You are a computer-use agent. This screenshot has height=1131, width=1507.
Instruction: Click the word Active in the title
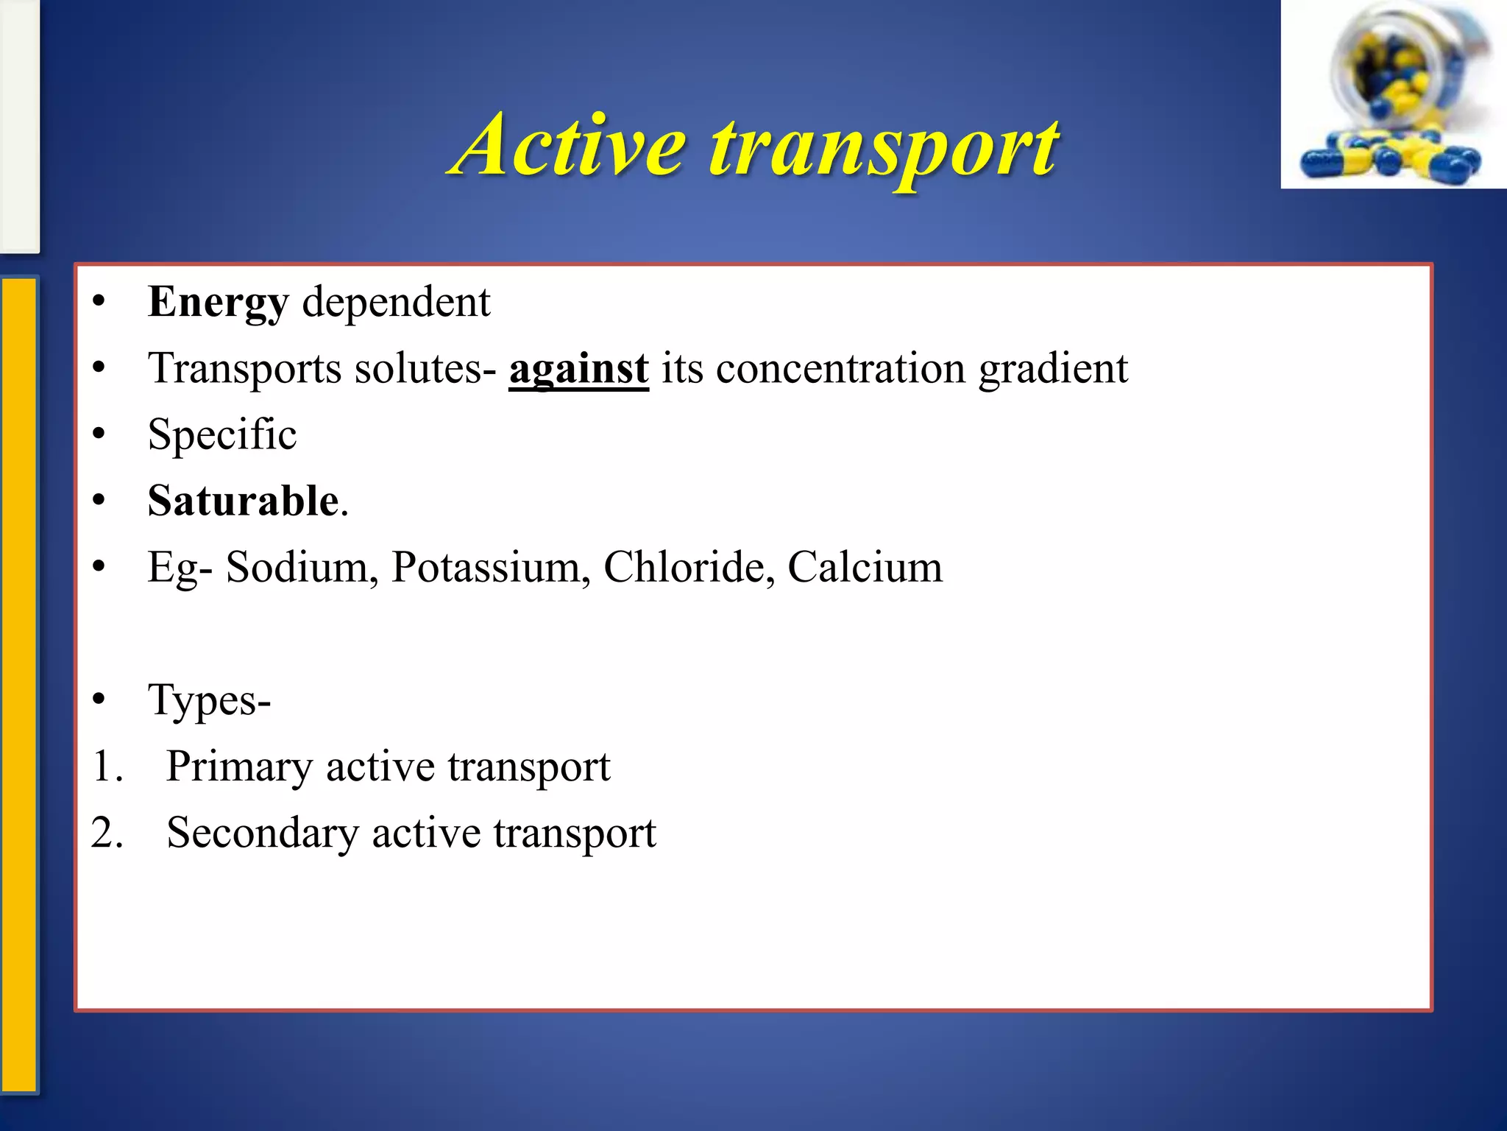click(x=570, y=145)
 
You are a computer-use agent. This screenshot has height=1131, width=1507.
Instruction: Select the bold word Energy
click(x=218, y=302)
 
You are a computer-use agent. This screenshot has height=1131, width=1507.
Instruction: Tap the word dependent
click(x=396, y=302)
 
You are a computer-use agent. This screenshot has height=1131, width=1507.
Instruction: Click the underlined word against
click(x=578, y=368)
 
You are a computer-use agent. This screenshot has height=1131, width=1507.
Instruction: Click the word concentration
click(x=840, y=368)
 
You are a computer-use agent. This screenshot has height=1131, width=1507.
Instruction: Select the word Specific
click(x=222, y=434)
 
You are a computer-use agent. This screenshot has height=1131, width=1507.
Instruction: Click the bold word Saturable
click(x=243, y=501)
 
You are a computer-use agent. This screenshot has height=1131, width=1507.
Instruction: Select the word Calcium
click(x=865, y=567)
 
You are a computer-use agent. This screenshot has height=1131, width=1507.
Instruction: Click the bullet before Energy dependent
click(x=99, y=302)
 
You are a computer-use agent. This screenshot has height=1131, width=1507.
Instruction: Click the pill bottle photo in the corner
click(x=1393, y=94)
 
